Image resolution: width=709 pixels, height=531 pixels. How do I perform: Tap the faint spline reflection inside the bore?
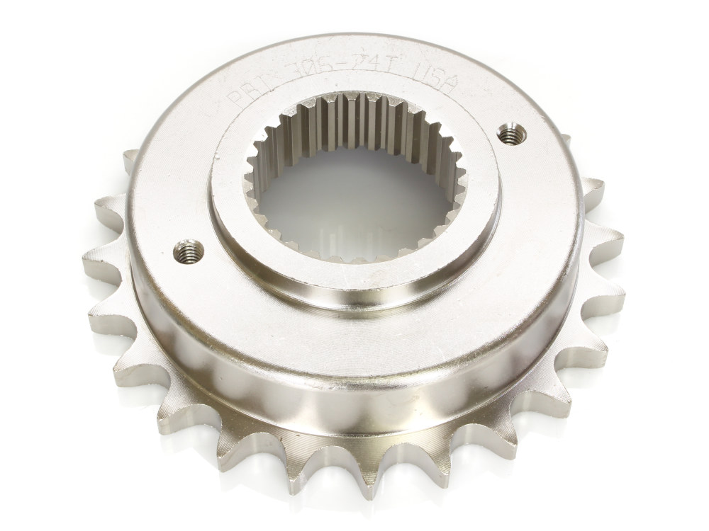pos(340,237)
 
